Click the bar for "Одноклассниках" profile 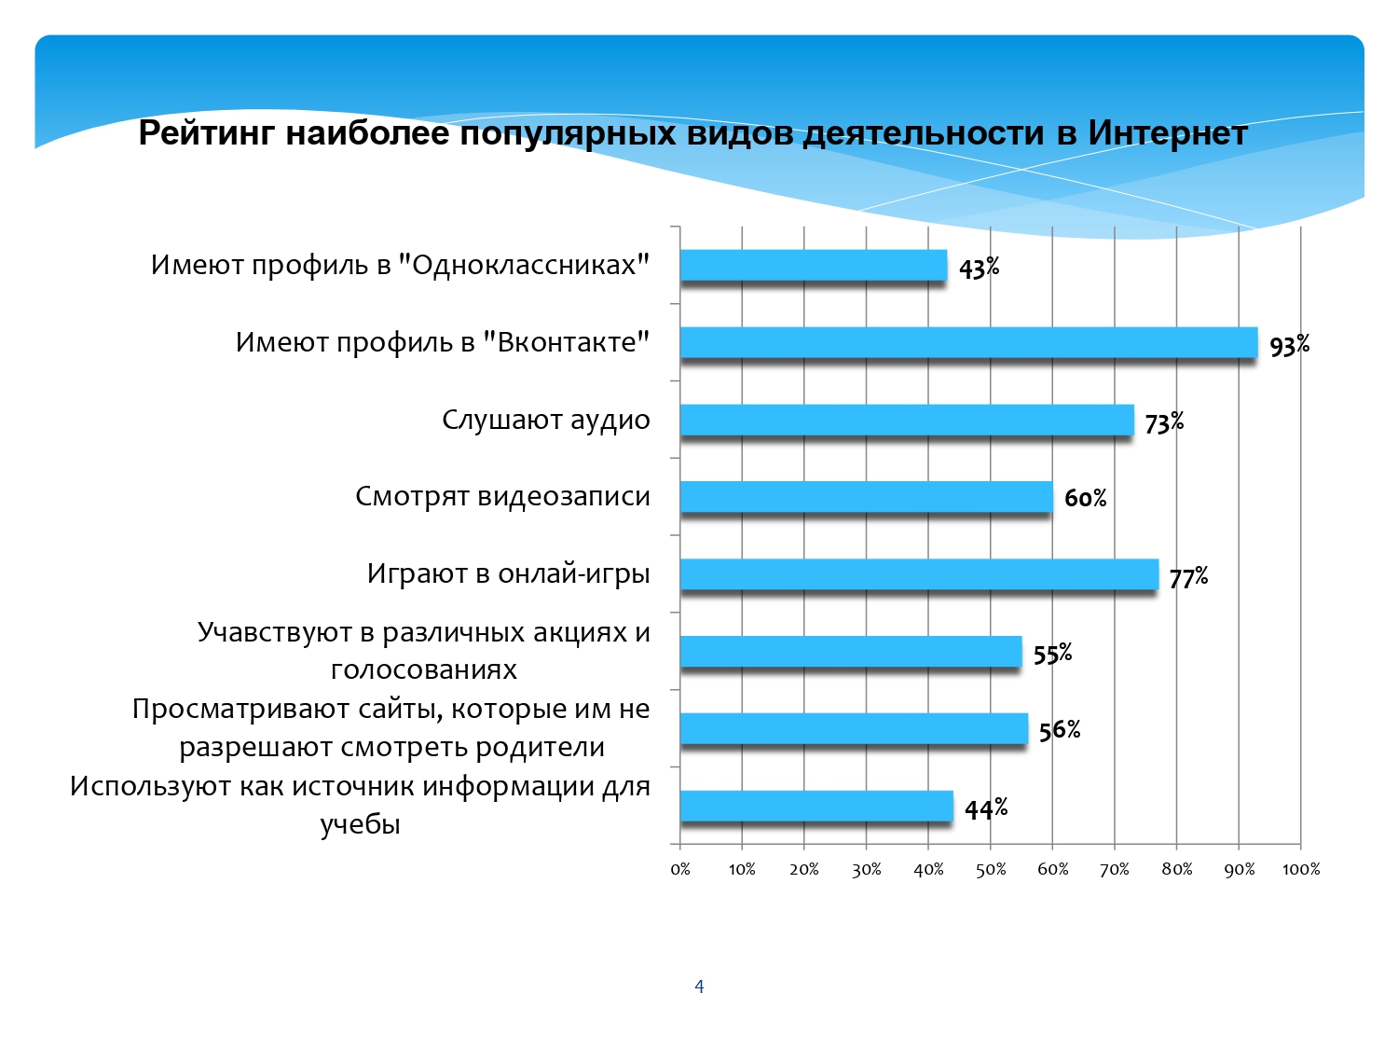pos(814,265)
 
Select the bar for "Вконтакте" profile pos(968,342)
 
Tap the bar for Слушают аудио pos(907,420)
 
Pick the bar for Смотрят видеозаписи pos(866,497)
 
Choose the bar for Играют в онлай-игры pos(919,573)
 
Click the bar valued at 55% pos(851,652)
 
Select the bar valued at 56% pos(854,728)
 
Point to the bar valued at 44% pos(816,806)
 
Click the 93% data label pos(1289,345)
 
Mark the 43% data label pos(979,268)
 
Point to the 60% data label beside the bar pos(1085,498)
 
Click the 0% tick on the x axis pos(680,869)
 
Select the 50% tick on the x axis pos(991,869)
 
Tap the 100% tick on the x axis pos(1300,869)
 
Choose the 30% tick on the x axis pos(866,869)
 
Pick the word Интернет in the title pos(1167,133)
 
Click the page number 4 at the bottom pos(699,987)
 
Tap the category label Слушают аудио pos(546,421)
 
